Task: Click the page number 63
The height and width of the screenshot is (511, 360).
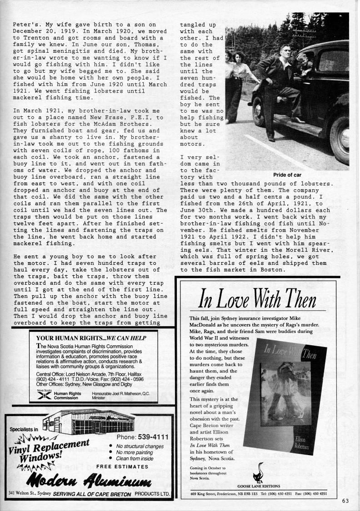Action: [346, 501]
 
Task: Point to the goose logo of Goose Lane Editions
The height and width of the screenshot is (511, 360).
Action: [261, 472]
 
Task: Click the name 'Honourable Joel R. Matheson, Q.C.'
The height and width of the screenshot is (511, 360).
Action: [121, 393]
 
